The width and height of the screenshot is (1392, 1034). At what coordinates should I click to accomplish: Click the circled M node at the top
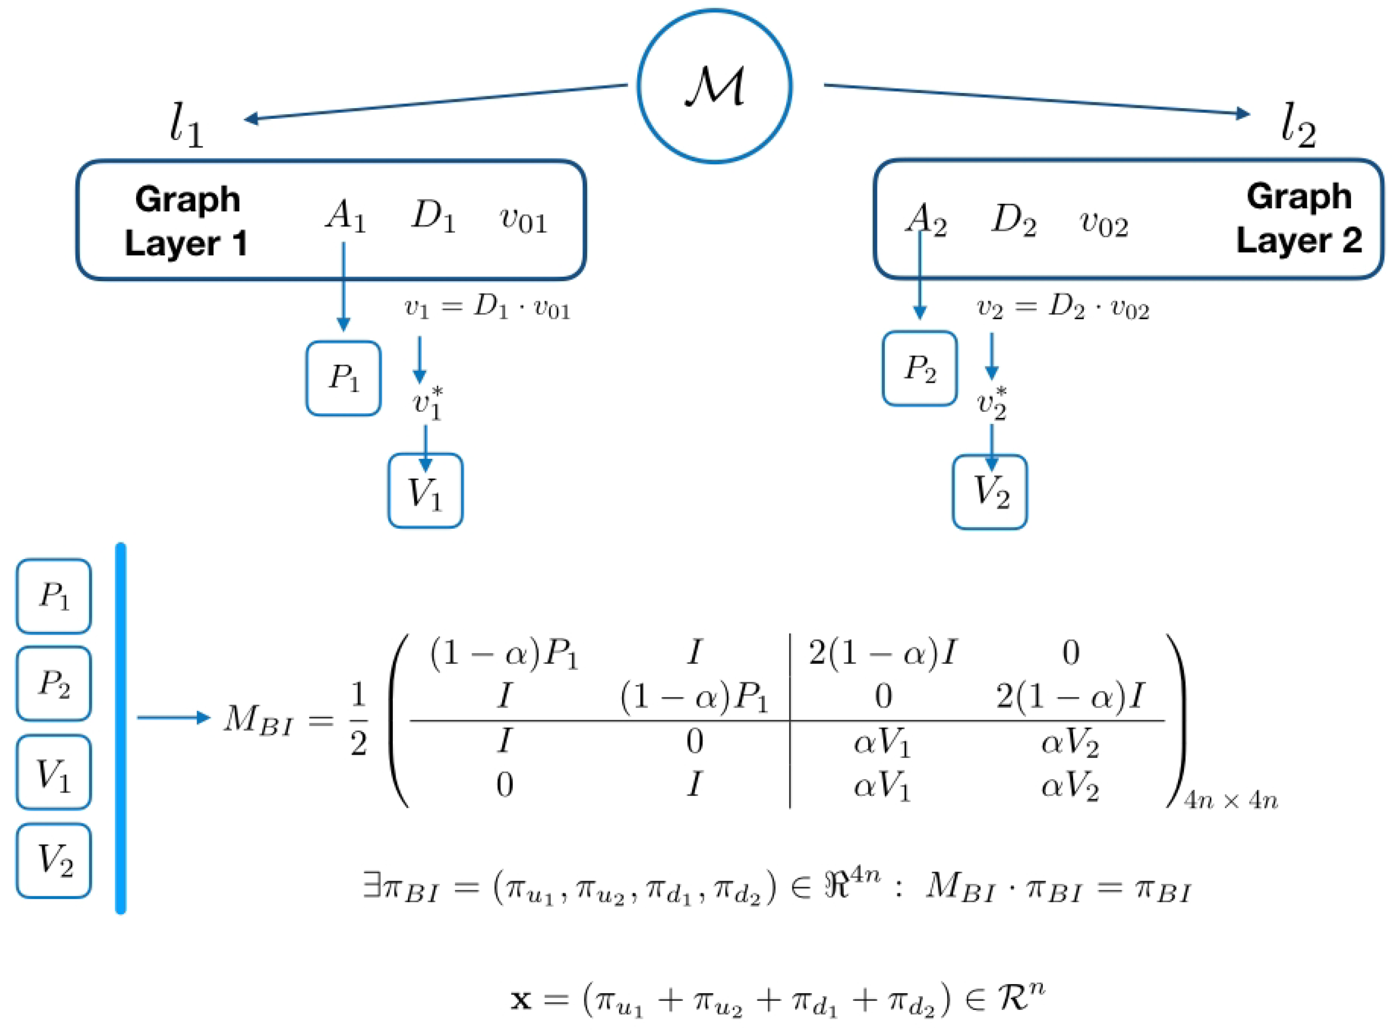(x=714, y=86)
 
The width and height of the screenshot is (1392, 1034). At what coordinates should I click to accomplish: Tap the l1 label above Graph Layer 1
(x=187, y=125)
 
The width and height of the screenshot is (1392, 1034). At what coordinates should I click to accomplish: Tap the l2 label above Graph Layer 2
(x=1297, y=125)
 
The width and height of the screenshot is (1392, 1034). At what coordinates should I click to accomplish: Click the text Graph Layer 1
(x=187, y=221)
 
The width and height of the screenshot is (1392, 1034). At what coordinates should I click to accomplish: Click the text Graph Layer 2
(x=1299, y=218)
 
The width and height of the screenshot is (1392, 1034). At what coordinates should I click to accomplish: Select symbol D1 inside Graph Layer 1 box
(x=433, y=217)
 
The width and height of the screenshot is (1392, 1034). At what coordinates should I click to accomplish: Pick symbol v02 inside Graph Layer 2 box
(x=1103, y=223)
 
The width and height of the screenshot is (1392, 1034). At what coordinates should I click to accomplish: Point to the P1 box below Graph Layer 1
(x=343, y=378)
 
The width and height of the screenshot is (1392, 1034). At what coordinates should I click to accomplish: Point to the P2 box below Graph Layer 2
(x=919, y=369)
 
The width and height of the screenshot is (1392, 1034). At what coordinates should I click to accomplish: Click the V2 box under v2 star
(x=990, y=492)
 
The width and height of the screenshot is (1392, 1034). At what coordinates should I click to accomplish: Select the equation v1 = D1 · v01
(x=487, y=308)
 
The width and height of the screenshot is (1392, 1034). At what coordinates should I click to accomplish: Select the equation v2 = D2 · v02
(x=1062, y=308)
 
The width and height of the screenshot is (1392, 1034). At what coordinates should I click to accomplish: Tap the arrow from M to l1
(x=435, y=101)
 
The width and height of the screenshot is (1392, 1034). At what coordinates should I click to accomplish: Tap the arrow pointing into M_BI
(x=174, y=718)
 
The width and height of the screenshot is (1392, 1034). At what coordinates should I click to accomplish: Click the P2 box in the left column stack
(x=54, y=683)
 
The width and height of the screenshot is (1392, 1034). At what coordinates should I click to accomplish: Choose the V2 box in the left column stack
(x=54, y=860)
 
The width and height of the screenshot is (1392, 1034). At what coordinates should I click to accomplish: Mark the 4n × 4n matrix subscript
(x=1231, y=800)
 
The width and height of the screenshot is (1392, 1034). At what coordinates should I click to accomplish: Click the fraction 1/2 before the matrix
(x=358, y=719)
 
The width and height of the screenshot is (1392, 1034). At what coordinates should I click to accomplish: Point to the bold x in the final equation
(x=522, y=1000)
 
